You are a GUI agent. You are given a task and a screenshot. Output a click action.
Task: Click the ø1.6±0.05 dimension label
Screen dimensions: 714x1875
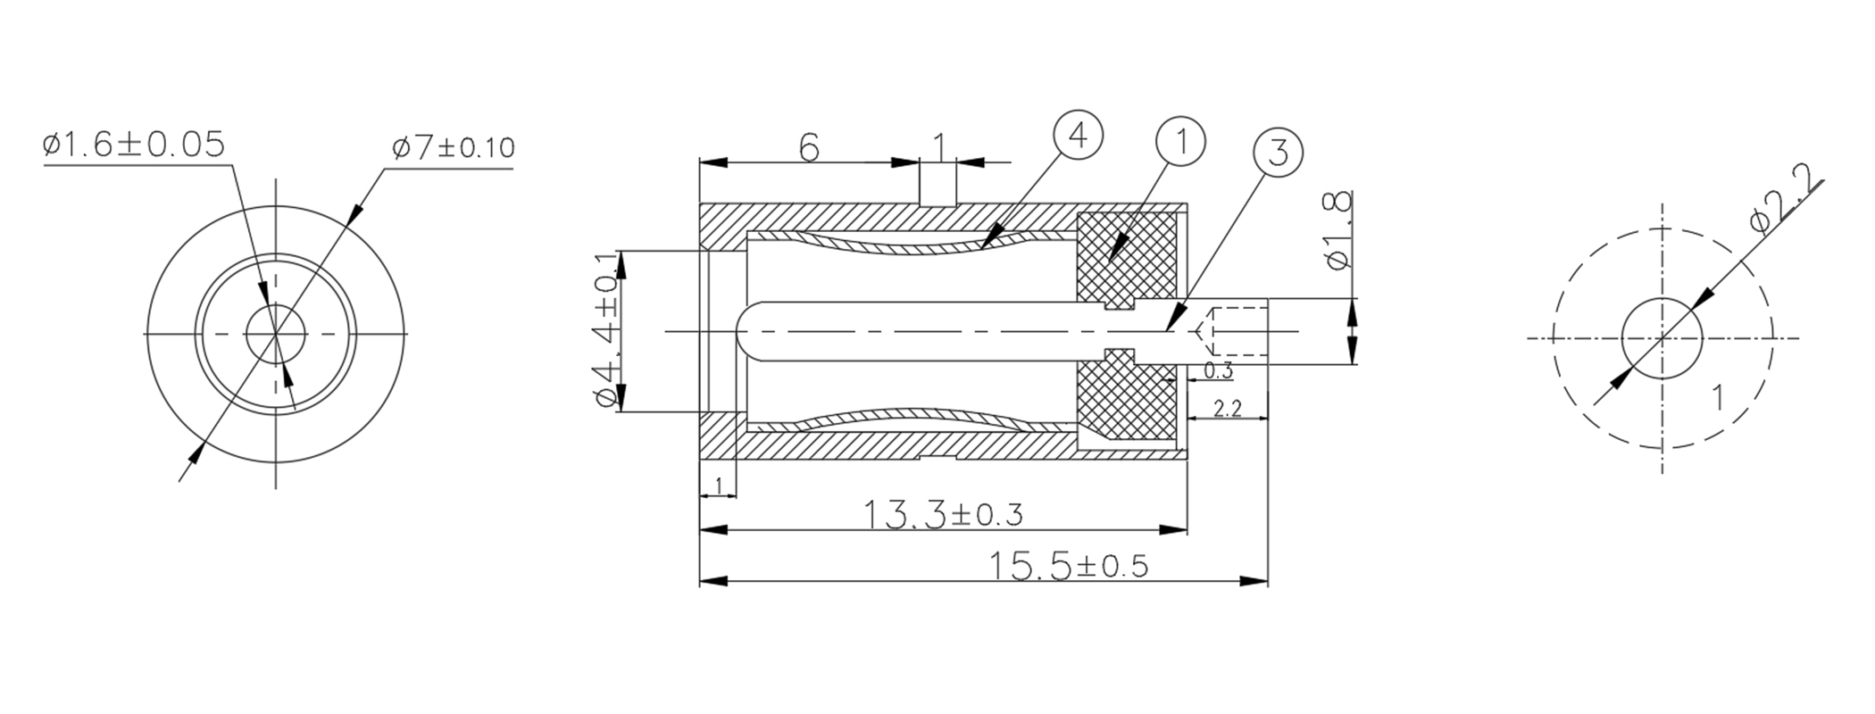[134, 145]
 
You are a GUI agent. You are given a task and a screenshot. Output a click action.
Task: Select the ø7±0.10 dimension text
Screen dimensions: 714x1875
[454, 147]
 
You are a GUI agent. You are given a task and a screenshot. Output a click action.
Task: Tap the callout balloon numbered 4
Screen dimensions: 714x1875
[1078, 137]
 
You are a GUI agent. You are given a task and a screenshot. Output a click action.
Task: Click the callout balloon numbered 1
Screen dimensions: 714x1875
[1180, 142]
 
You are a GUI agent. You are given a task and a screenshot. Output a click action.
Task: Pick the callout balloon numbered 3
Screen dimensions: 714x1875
[1278, 154]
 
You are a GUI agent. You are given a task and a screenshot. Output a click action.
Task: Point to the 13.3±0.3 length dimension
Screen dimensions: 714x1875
[943, 515]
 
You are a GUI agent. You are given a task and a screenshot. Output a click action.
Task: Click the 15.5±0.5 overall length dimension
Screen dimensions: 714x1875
[1068, 567]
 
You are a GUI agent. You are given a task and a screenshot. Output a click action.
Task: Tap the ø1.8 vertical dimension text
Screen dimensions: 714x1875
[1340, 229]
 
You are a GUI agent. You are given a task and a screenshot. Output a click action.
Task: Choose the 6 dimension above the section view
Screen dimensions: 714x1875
[809, 148]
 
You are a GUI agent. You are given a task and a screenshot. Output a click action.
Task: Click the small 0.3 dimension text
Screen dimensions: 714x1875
[1218, 371]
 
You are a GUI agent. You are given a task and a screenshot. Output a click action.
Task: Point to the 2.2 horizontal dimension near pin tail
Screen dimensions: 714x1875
[1228, 409]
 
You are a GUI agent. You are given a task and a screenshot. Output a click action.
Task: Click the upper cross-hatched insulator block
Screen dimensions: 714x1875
[1127, 257]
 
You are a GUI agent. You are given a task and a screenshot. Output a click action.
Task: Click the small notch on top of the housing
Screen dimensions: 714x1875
[937, 196]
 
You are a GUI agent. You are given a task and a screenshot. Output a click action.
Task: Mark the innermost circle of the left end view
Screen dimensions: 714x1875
[276, 334]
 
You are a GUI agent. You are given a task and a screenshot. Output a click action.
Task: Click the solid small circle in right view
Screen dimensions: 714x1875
[1662, 338]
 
